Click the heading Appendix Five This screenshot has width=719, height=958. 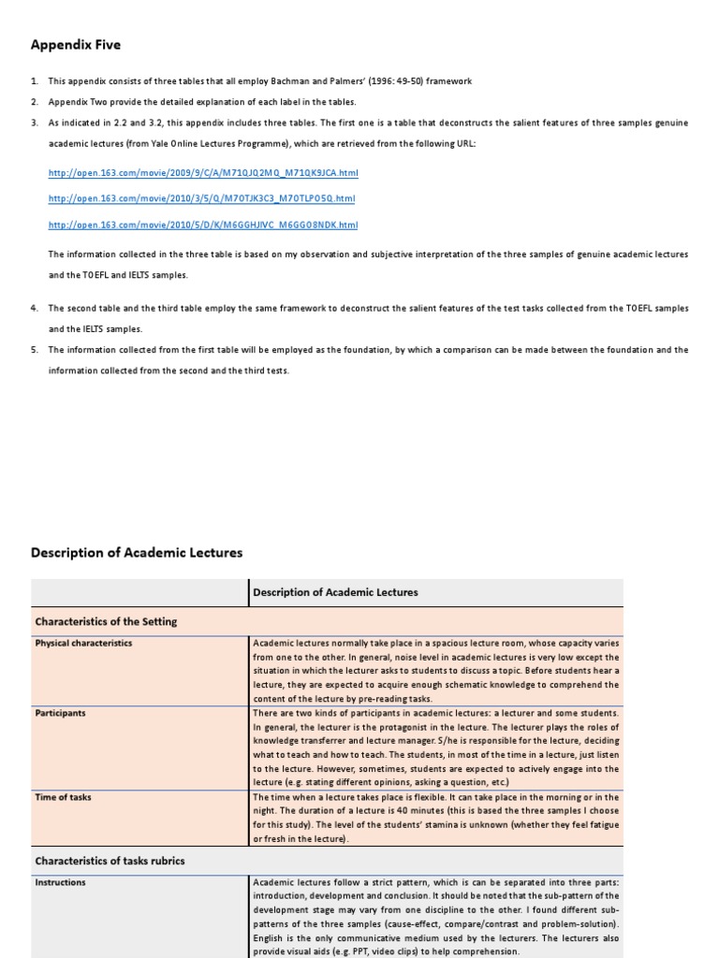[76, 45]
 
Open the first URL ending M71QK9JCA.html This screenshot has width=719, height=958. [203, 173]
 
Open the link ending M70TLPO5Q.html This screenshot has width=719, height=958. [201, 198]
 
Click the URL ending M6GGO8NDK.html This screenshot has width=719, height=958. [203, 225]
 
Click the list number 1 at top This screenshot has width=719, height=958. [34, 81]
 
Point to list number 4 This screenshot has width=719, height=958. [34, 308]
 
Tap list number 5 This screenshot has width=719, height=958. [34, 350]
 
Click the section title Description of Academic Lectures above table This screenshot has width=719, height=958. [137, 553]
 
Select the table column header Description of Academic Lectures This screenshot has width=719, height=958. [336, 592]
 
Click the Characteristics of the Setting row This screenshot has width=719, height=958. [106, 621]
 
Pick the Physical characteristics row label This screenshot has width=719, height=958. [83, 644]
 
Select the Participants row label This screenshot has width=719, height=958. [60, 713]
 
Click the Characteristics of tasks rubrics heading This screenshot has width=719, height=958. [110, 861]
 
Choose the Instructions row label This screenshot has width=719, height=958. [60, 882]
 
